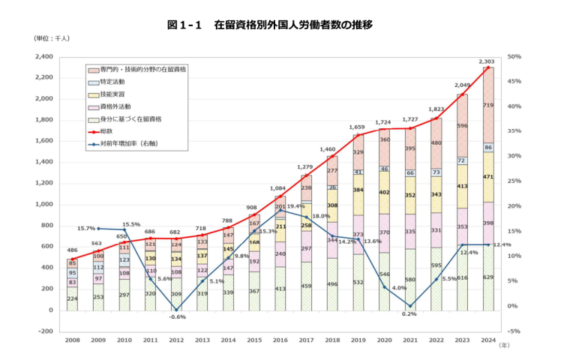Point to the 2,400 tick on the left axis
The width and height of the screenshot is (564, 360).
pos(42,57)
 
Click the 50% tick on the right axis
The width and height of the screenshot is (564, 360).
pos(514,57)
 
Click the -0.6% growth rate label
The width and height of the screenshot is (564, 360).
pos(176,316)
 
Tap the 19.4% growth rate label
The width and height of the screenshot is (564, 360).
pos(295,205)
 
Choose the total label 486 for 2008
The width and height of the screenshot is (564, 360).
pos(73,250)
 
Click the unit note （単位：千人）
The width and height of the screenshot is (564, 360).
pos(52,38)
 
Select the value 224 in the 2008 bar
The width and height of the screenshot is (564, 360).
pos(73,298)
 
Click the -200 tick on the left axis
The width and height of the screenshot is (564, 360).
pos(44,331)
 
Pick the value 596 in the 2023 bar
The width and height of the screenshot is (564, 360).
pos(462,126)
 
